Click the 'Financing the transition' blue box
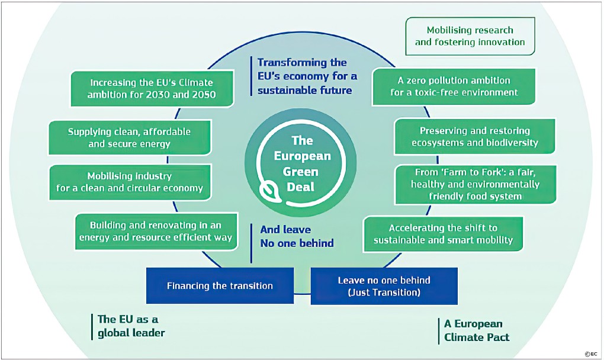220,285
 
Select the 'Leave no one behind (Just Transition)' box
384,285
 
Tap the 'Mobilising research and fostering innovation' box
470,36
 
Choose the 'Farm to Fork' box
476,184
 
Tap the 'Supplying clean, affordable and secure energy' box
128,137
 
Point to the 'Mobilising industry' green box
128,182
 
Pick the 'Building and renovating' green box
156,232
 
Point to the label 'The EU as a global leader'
131,326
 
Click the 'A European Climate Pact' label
473,330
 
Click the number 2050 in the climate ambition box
200,95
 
